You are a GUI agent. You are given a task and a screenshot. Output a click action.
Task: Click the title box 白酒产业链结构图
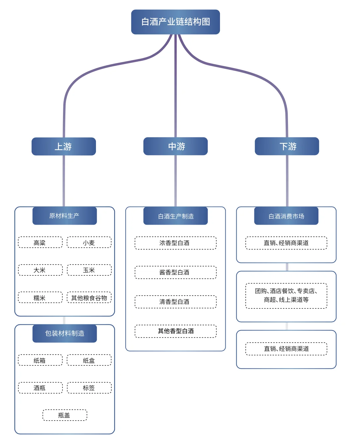click(175, 22)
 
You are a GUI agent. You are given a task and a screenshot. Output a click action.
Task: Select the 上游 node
click(64, 146)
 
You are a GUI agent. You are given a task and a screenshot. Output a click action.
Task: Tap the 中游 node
click(175, 146)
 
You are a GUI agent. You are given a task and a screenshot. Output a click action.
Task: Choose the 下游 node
click(287, 146)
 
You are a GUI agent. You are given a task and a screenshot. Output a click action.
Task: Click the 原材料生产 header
click(64, 216)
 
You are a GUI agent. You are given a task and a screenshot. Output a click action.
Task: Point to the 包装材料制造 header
click(64, 333)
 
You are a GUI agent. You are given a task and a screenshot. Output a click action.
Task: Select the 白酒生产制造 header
click(175, 216)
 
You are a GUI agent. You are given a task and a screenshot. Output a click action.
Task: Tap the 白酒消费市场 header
click(286, 216)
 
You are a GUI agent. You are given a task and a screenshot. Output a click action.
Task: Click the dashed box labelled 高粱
click(40, 242)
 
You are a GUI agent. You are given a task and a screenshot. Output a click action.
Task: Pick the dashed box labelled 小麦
click(89, 242)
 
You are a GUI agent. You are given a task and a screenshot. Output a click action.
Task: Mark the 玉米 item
click(89, 270)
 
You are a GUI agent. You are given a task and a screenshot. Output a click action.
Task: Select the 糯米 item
click(40, 297)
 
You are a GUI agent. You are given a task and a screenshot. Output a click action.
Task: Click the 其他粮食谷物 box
click(89, 297)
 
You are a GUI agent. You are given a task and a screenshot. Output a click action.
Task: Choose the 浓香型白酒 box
click(175, 243)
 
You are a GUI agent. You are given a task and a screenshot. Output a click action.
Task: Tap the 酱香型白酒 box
click(175, 272)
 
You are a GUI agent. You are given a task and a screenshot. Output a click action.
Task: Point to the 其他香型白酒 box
click(175, 331)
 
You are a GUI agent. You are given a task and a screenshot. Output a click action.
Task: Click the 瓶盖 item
click(65, 415)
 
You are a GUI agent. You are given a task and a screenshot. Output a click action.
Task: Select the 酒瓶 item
click(40, 388)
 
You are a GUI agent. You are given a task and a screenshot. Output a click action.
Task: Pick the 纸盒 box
click(89, 360)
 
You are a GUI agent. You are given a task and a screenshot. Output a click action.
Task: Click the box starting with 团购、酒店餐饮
click(286, 296)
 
